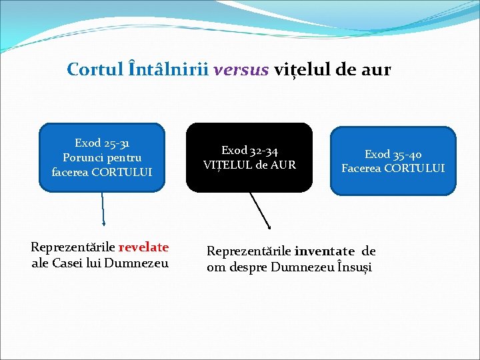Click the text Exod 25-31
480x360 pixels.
(102, 143)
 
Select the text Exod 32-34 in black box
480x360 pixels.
(249, 151)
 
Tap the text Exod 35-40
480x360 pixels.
(393, 154)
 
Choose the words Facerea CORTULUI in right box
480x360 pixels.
(393, 168)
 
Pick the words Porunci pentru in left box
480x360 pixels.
(102, 157)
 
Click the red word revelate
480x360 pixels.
(143, 247)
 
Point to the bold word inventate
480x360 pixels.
(324, 251)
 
